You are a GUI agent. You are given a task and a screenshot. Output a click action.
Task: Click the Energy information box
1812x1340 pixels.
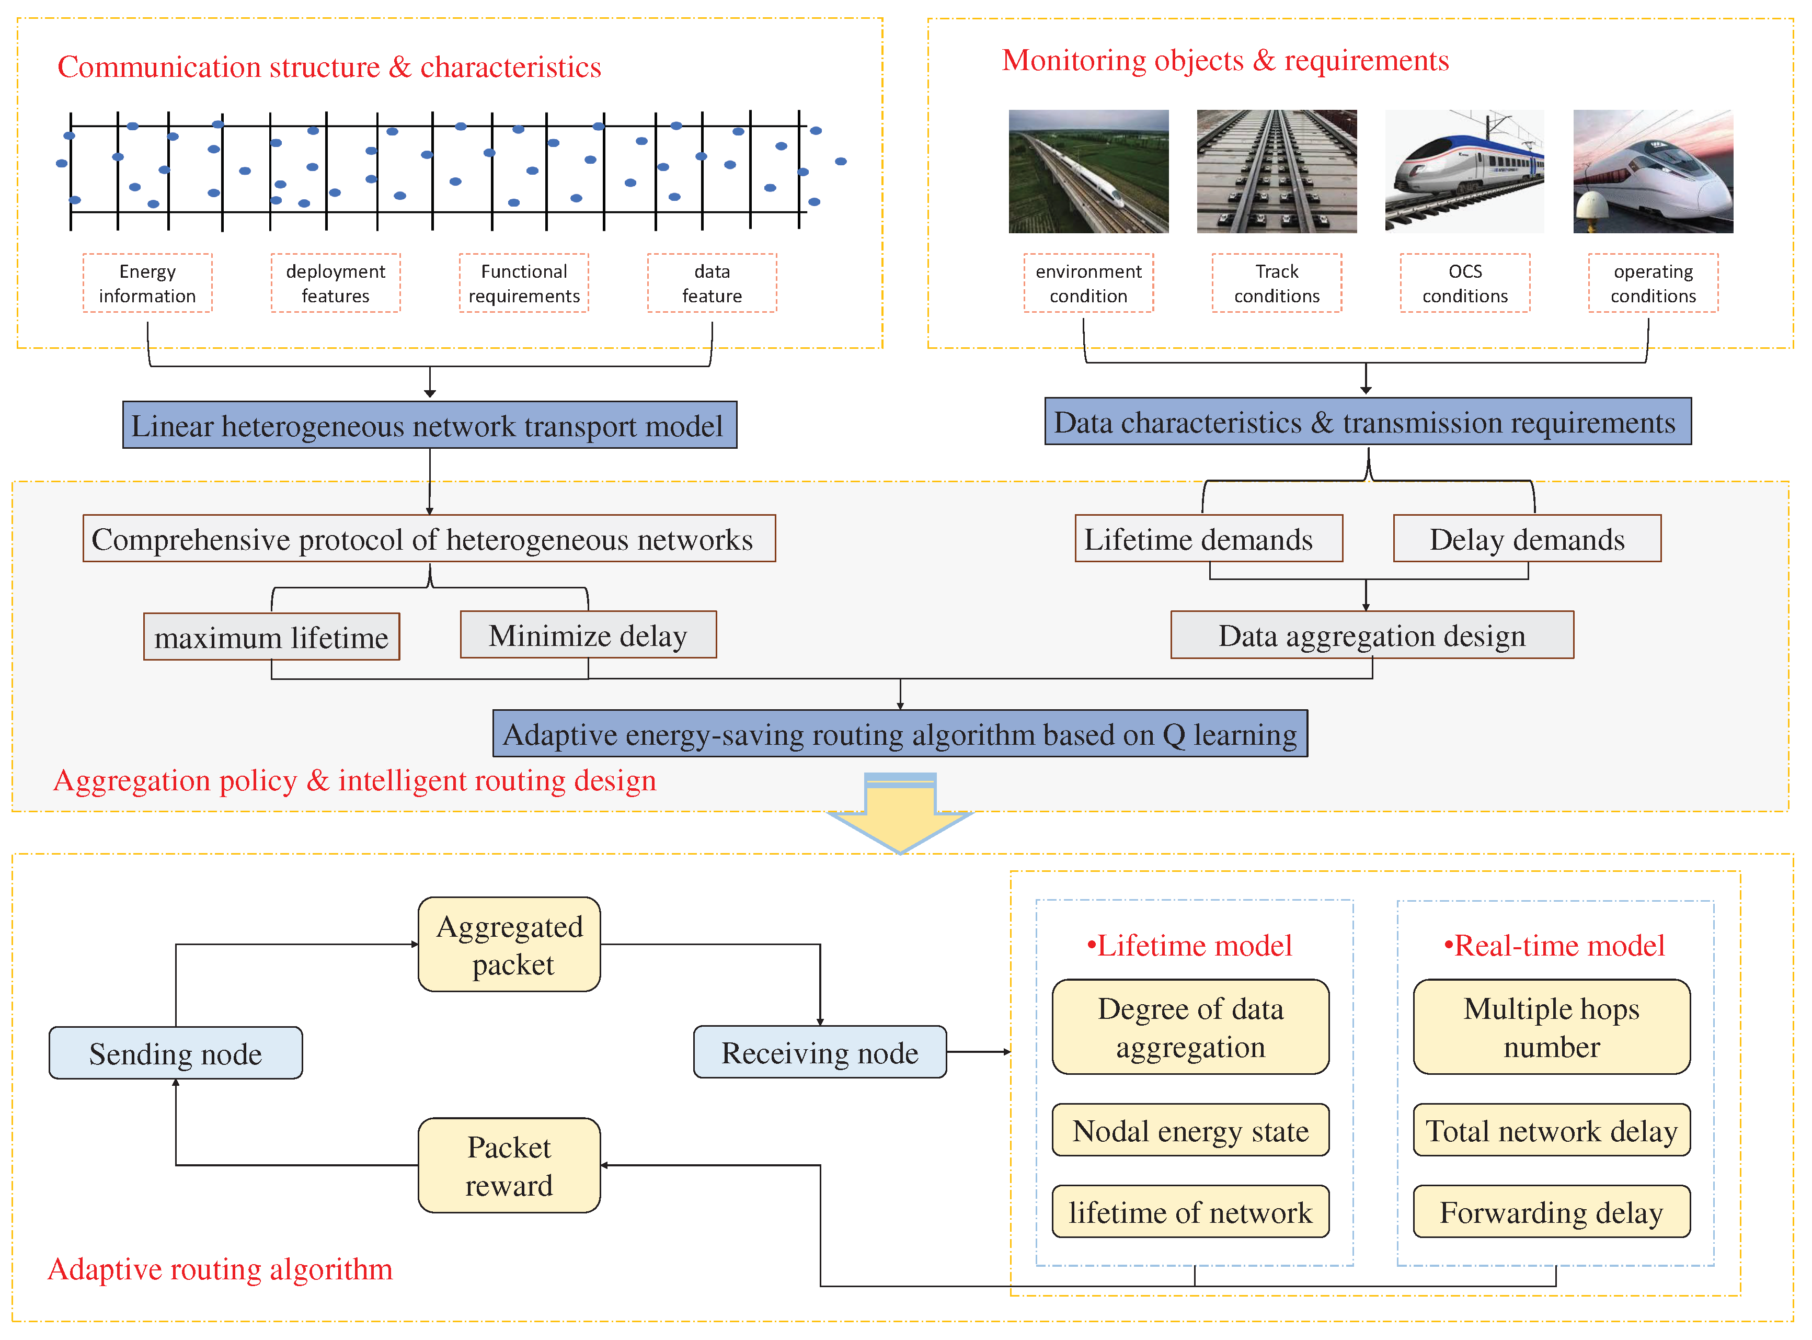click(147, 283)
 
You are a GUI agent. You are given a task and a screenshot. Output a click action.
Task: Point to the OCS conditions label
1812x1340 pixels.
click(1464, 283)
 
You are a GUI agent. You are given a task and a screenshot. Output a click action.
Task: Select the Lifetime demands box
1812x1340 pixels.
click(1208, 539)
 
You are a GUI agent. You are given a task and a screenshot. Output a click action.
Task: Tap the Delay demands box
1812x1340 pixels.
click(1527, 539)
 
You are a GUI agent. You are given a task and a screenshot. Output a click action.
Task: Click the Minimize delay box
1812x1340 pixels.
click(588, 635)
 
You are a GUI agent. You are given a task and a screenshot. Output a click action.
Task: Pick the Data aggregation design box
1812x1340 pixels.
click(1372, 635)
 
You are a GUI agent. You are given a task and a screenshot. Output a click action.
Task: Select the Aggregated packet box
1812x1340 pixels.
click(509, 944)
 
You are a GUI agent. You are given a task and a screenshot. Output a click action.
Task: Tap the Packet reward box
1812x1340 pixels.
click(509, 1166)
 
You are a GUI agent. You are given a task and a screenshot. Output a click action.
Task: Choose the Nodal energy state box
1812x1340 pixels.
click(1190, 1130)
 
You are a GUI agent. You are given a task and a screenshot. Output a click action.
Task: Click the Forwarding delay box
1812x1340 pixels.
click(1551, 1212)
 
